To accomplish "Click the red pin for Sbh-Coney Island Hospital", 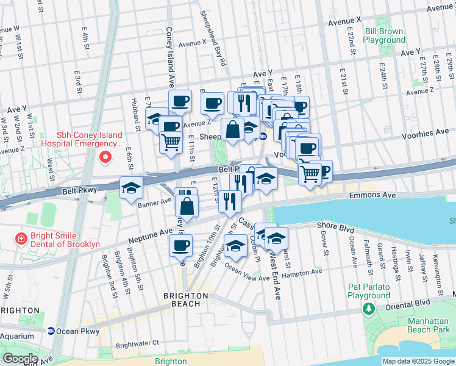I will (105, 157).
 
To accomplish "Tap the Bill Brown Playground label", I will (384, 35).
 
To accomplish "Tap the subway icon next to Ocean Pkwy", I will (51, 331).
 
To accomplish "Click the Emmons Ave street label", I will (372, 196).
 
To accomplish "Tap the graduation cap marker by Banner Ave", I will (130, 188).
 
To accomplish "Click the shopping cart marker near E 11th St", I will (171, 142).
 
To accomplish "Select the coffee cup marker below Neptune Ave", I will (180, 245).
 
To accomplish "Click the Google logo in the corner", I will (20, 359).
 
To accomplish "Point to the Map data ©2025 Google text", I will (418, 361).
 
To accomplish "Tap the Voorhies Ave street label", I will (425, 132).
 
